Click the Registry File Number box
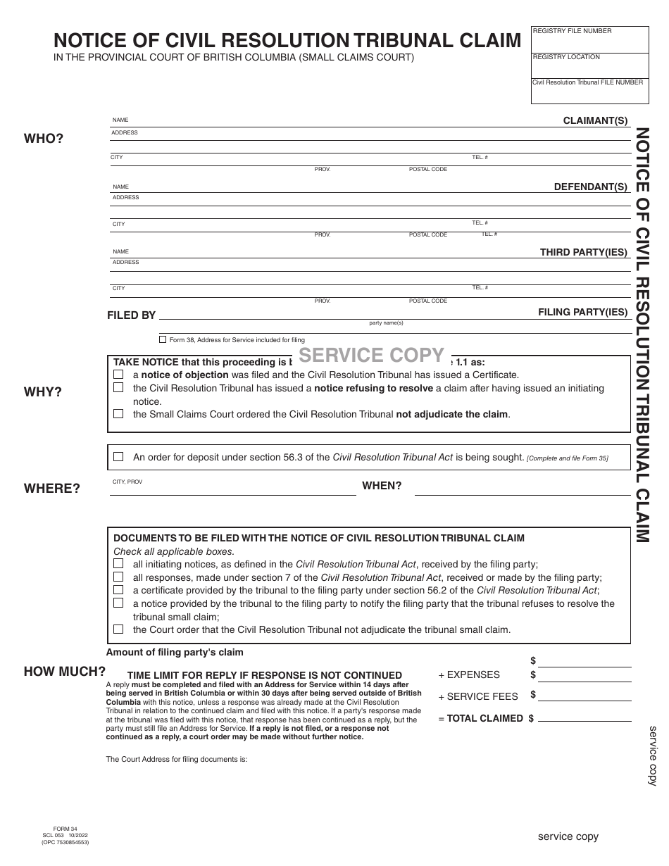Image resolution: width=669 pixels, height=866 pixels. pos(589,40)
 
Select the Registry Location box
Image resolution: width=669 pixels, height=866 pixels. pos(589,65)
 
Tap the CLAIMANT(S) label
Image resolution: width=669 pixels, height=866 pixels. pos(595,121)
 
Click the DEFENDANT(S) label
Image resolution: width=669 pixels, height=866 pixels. pos(590,187)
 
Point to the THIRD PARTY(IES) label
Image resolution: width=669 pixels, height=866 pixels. pos(583,252)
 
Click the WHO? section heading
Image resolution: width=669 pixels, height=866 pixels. pos(44,139)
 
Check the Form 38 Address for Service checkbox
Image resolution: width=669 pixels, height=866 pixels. pos(163,339)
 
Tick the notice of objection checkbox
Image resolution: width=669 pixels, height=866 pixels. pos(118,375)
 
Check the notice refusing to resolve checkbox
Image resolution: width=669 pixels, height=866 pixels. pos(118,388)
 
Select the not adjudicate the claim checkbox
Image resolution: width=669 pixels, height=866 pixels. pos(118,414)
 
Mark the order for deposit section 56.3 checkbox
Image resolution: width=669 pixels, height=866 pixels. pos(118,457)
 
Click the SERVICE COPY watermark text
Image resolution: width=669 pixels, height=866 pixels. pos(372,355)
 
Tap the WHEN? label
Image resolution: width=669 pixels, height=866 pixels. pos(382,486)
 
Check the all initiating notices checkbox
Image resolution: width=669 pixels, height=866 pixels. pos(118,564)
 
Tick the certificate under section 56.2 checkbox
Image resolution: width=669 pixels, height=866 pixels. pos(118,590)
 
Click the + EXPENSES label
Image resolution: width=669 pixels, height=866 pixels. pos(469,674)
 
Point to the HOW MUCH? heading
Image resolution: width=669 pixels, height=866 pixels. pos(65,672)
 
